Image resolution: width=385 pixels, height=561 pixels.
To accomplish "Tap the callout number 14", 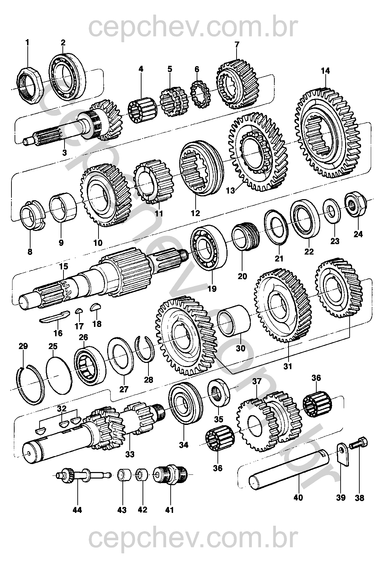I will pyautogui.click(x=325, y=71).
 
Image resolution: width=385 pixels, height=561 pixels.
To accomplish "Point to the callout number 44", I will pyautogui.click(x=77, y=510).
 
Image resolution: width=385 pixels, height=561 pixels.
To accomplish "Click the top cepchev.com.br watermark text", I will pyautogui.click(x=192, y=24).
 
